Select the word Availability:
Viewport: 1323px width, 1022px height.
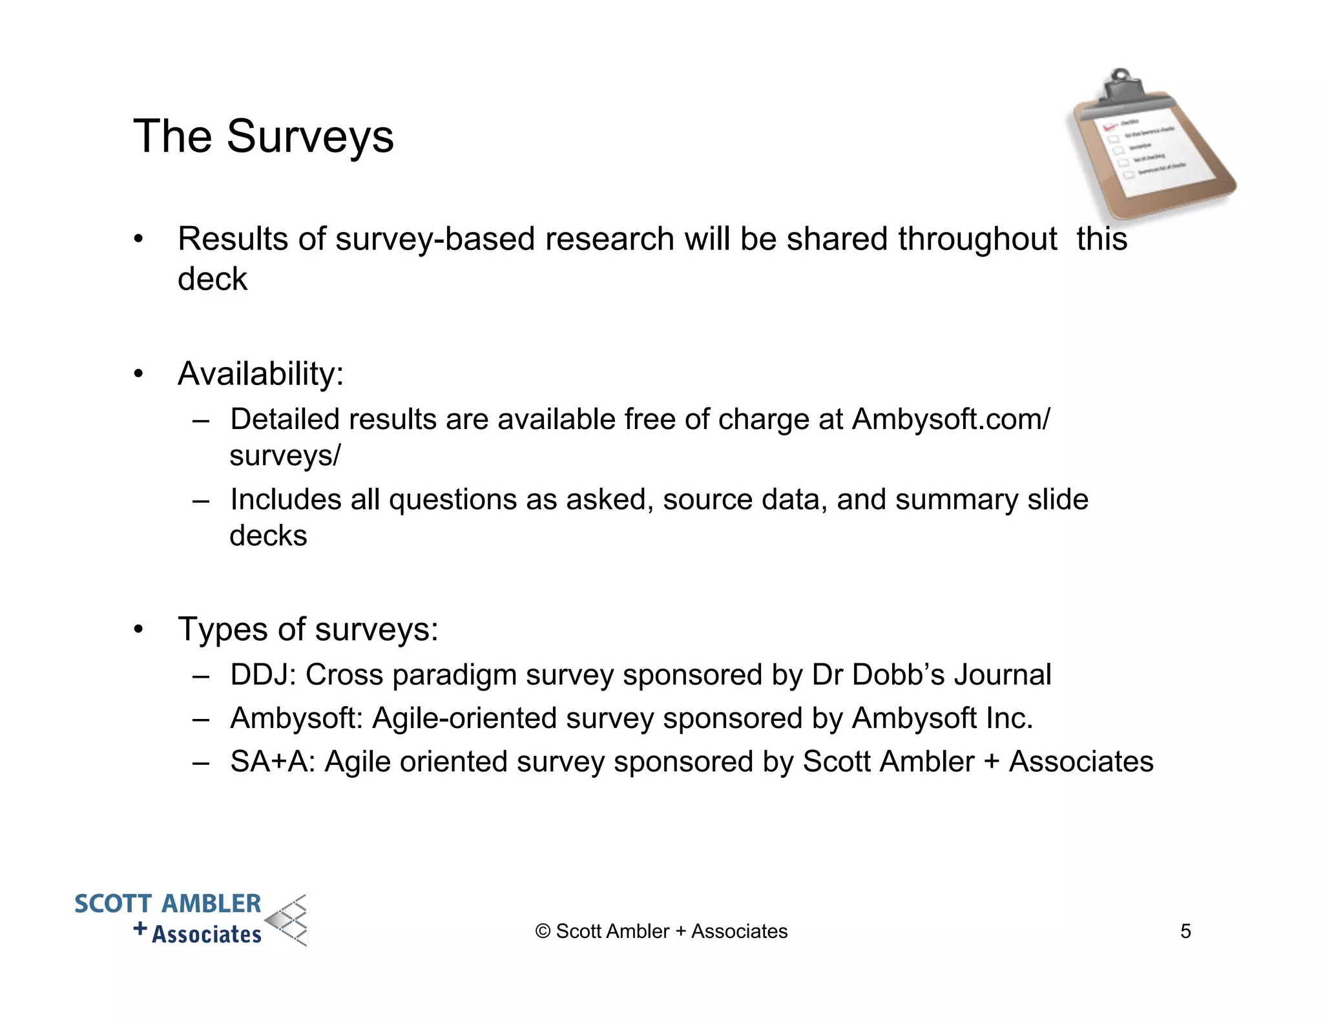tap(260, 374)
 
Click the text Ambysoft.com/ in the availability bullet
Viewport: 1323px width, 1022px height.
tap(951, 419)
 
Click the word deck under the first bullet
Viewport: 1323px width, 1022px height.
tap(212, 279)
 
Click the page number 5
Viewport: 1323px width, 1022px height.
tap(1185, 932)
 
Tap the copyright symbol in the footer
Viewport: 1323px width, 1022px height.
tap(543, 932)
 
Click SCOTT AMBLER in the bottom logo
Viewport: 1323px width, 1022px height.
tap(168, 904)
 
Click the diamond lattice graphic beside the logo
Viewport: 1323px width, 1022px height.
tap(289, 921)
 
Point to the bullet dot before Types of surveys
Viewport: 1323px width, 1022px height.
tap(138, 630)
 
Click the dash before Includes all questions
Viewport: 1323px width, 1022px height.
tap(201, 500)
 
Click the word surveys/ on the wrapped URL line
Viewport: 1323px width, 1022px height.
tap(285, 455)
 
